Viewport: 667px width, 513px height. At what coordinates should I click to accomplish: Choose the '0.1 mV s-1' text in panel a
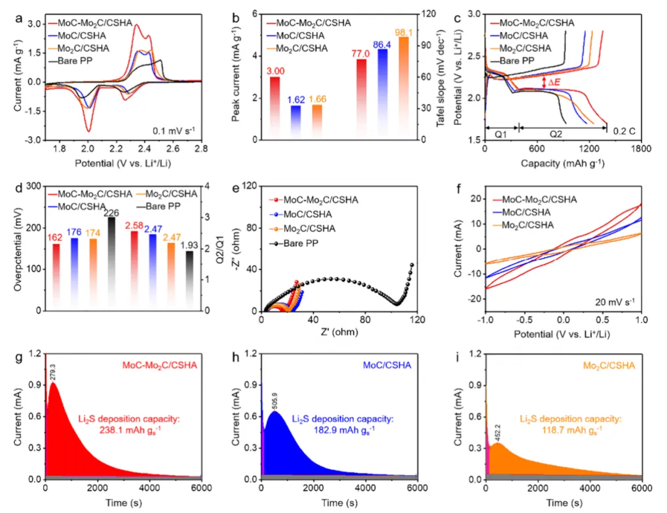[174, 131]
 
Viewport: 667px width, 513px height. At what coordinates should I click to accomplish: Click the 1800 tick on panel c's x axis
[641, 149]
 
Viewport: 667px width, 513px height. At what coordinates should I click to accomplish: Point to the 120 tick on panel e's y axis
[250, 186]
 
